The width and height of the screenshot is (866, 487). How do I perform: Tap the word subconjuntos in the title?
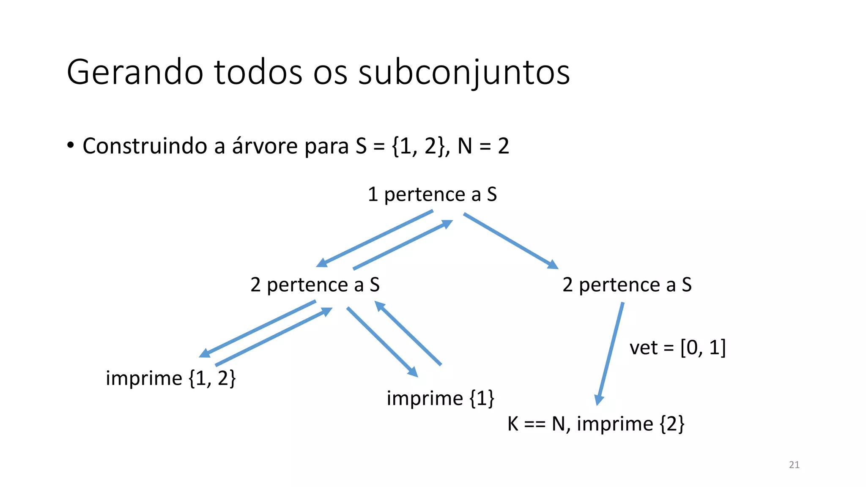(x=464, y=73)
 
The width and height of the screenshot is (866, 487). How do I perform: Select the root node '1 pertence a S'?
(x=432, y=194)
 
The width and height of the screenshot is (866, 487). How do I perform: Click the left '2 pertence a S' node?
(x=315, y=285)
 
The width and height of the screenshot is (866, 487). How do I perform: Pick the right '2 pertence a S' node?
(x=627, y=285)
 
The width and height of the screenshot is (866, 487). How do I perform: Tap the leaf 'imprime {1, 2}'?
(x=170, y=378)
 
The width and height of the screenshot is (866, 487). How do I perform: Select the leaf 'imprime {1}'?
(x=440, y=398)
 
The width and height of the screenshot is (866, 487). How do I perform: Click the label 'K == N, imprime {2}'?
(x=595, y=424)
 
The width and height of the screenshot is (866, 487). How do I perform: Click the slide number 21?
(x=794, y=465)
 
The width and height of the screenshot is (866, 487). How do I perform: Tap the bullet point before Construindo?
(x=71, y=145)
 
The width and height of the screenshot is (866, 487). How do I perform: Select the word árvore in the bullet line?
(x=265, y=146)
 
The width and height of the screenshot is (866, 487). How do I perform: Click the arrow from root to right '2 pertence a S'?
(x=510, y=241)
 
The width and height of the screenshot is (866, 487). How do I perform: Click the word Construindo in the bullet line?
(x=145, y=146)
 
